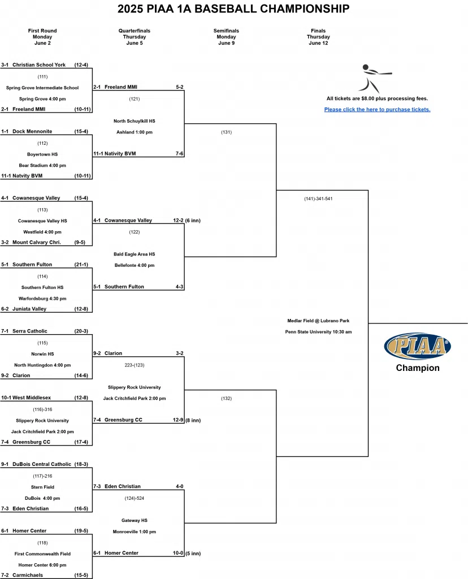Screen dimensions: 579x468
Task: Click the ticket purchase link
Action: point(377,110)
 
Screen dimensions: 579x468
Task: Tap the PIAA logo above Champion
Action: point(417,346)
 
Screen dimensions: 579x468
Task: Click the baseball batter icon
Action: point(374,77)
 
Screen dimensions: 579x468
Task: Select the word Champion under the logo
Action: point(417,368)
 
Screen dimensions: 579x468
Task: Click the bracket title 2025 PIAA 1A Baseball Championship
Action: point(233,9)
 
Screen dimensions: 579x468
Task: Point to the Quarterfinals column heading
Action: point(135,31)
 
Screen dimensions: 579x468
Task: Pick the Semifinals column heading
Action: point(226,31)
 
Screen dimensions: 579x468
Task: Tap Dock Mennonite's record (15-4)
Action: point(81,132)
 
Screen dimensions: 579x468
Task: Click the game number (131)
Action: point(226,132)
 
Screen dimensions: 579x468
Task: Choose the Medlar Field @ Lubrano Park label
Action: point(318,321)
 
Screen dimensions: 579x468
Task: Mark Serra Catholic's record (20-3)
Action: point(81,331)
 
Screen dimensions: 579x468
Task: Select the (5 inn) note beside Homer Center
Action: point(193,553)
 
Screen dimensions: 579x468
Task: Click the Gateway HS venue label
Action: point(135,521)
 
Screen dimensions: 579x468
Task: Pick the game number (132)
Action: point(226,399)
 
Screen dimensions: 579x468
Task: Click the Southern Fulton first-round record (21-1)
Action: point(81,265)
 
